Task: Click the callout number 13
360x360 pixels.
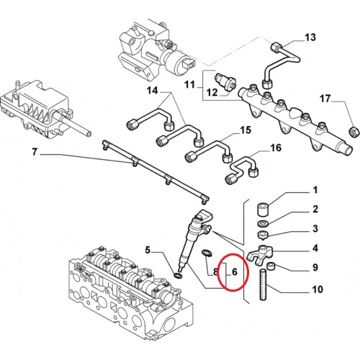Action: pyautogui.click(x=310, y=37)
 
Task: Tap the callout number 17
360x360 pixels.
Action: pyautogui.click(x=325, y=99)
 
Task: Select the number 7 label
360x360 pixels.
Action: pyautogui.click(x=35, y=152)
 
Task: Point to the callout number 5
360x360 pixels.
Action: pyautogui.click(x=148, y=251)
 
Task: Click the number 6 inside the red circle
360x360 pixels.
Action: pyautogui.click(x=235, y=272)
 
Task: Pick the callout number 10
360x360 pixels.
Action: pyautogui.click(x=318, y=289)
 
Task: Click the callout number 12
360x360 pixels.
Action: pyautogui.click(x=212, y=92)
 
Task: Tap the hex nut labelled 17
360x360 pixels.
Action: pyautogui.click(x=354, y=132)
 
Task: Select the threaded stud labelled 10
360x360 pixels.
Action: pyautogui.click(x=264, y=284)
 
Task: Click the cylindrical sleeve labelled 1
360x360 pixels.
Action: pyautogui.click(x=263, y=210)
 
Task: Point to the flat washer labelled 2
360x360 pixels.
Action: pyautogui.click(x=263, y=224)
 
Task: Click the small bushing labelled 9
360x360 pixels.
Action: pyautogui.click(x=271, y=266)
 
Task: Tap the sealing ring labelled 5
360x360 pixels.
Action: pyautogui.click(x=178, y=276)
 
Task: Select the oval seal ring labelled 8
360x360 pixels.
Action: pyautogui.click(x=205, y=253)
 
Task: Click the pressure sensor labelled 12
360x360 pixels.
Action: pyautogui.click(x=225, y=81)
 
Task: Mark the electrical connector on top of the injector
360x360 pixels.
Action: pyautogui.click(x=204, y=215)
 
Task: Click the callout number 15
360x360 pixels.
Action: pyautogui.click(x=246, y=130)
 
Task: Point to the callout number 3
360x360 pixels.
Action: pyautogui.click(x=315, y=228)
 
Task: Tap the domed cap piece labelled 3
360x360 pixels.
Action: pyautogui.click(x=262, y=235)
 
